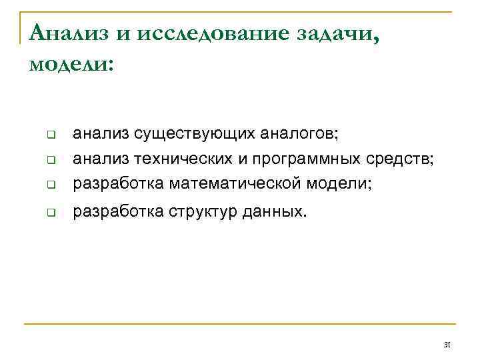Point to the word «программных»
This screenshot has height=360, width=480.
coord(309,159)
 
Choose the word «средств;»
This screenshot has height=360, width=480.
coord(401,158)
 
